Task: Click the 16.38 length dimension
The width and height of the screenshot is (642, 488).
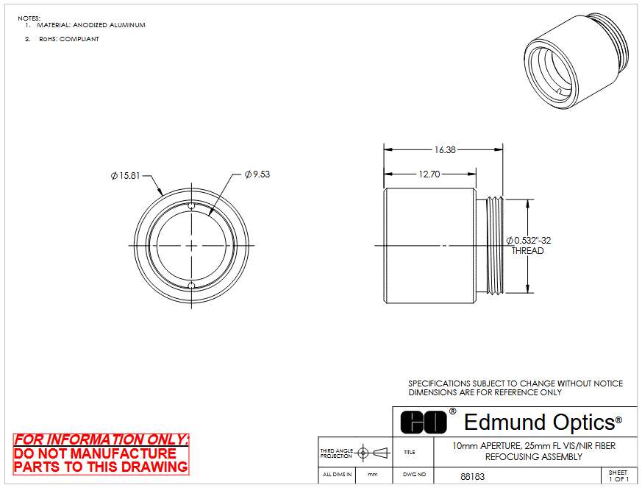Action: (x=445, y=150)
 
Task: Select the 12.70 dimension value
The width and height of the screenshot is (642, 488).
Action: (x=429, y=174)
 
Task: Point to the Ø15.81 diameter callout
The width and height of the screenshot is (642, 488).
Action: (x=125, y=176)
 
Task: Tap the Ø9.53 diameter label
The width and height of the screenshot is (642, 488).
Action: (x=257, y=174)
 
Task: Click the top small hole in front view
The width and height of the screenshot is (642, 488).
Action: (x=191, y=205)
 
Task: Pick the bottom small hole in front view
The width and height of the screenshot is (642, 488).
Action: (x=191, y=285)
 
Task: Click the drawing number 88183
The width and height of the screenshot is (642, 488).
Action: (x=473, y=476)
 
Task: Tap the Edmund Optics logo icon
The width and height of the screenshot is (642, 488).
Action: (x=424, y=422)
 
